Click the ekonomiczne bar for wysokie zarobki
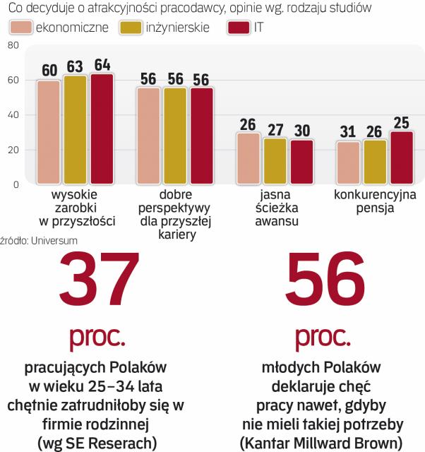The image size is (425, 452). coord(49,131)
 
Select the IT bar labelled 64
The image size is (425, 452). coord(102,128)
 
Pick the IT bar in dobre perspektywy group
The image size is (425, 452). coord(201,135)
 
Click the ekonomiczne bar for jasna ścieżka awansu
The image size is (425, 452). coord(248,158)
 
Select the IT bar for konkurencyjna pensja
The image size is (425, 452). coord(402,157)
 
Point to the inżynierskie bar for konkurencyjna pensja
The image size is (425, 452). coord(375,162)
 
